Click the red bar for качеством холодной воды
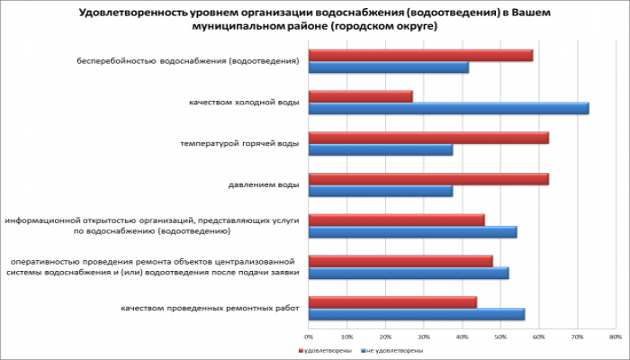(x=360, y=96)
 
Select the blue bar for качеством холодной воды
(x=448, y=109)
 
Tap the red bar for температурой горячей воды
(x=428, y=138)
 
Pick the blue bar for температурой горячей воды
(x=381, y=150)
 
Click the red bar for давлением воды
(x=428, y=179)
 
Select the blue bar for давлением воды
(x=381, y=192)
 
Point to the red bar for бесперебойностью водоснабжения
(x=420, y=55)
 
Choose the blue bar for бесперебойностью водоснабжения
(x=389, y=67)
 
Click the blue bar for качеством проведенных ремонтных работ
(x=417, y=314)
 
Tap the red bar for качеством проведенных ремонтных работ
(x=392, y=302)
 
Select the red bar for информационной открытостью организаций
(x=396, y=220)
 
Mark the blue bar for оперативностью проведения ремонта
(x=409, y=273)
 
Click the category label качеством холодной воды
(x=243, y=103)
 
